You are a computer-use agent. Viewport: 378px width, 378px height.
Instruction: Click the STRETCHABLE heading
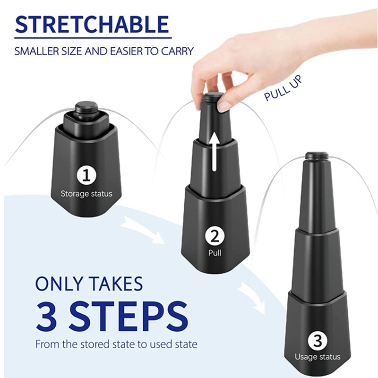click(x=92, y=25)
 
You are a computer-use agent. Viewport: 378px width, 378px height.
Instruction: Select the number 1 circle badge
click(x=87, y=176)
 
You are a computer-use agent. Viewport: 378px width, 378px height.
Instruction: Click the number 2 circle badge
click(x=215, y=237)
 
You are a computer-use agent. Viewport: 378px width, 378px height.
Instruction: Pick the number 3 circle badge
click(x=318, y=341)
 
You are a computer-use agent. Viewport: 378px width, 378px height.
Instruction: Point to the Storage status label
click(x=86, y=194)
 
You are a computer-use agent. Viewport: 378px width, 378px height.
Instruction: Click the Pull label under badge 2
click(x=215, y=253)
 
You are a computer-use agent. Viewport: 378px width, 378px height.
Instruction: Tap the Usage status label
click(x=318, y=357)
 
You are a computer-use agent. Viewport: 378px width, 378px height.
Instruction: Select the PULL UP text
click(x=283, y=88)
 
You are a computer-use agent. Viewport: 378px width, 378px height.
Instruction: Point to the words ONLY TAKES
click(x=89, y=283)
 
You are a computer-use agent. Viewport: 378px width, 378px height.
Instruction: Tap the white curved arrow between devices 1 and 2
click(x=142, y=229)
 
